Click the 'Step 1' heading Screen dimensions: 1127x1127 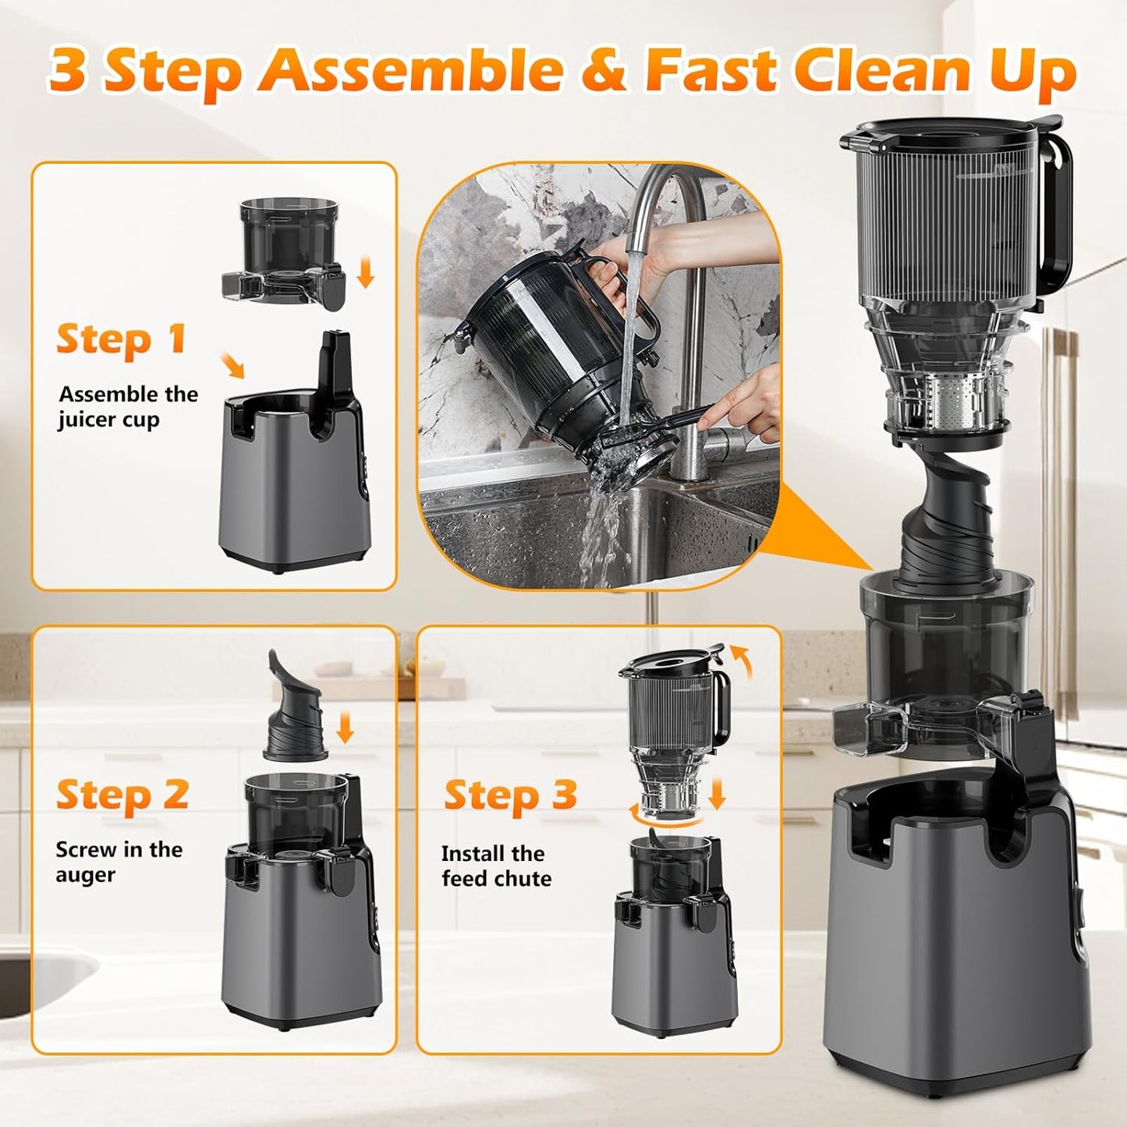coord(121,340)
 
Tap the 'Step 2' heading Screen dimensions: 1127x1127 coord(122,796)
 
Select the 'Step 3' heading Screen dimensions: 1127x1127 coord(510,796)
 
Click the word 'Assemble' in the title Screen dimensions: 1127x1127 coord(411,70)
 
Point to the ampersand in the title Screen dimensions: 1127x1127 coord(605,70)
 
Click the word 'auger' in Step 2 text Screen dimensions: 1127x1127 coord(85,876)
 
